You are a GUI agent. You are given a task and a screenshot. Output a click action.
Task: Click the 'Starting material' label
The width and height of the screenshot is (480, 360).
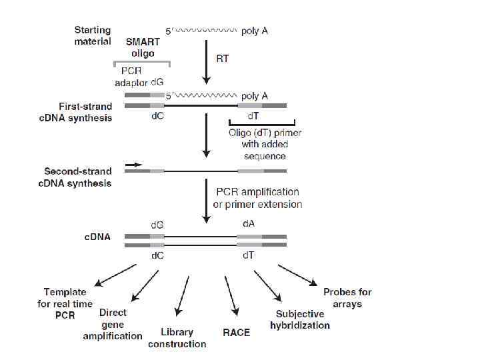93,36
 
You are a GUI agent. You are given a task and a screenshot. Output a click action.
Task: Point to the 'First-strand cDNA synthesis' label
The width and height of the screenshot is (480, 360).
85,112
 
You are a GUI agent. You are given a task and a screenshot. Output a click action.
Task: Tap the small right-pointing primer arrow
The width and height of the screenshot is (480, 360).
133,163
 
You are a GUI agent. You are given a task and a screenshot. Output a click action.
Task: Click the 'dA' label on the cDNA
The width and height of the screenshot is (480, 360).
246,225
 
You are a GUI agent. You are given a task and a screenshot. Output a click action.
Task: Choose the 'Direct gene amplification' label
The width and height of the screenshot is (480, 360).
113,324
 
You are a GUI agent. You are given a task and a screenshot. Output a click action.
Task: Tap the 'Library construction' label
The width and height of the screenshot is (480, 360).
177,337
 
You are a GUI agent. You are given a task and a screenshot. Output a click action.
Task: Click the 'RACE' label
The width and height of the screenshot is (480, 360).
236,331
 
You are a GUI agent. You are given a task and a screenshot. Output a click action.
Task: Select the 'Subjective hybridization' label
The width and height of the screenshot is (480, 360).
300,319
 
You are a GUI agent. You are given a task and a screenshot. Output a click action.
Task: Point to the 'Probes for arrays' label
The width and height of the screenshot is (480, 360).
347,298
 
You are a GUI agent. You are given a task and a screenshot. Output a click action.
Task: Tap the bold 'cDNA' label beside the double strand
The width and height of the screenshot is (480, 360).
97,237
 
